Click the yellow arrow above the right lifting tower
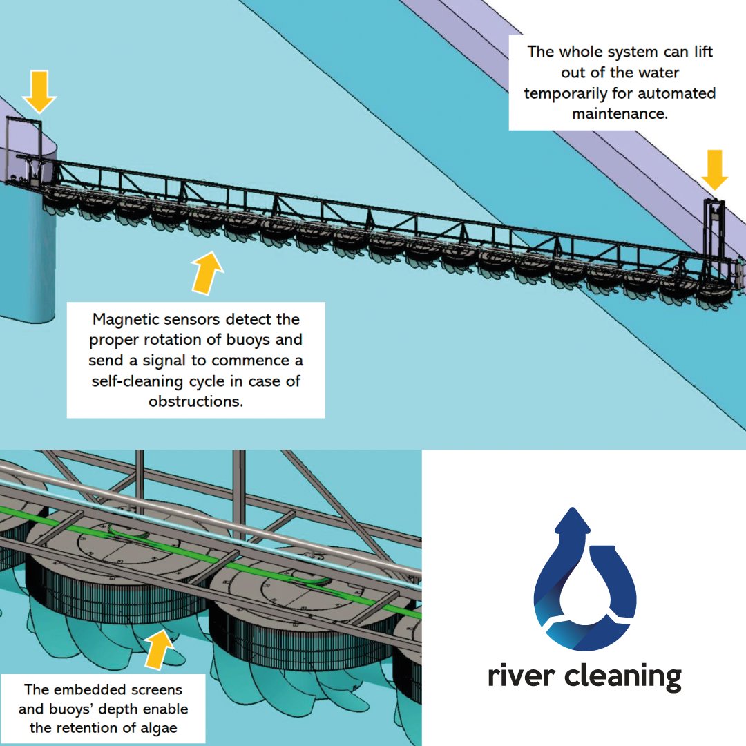point(714,169)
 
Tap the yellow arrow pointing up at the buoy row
point(207,273)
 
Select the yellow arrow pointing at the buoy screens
point(160,649)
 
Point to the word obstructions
point(195,401)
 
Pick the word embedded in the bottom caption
point(87,689)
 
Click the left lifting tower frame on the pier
point(25,149)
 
